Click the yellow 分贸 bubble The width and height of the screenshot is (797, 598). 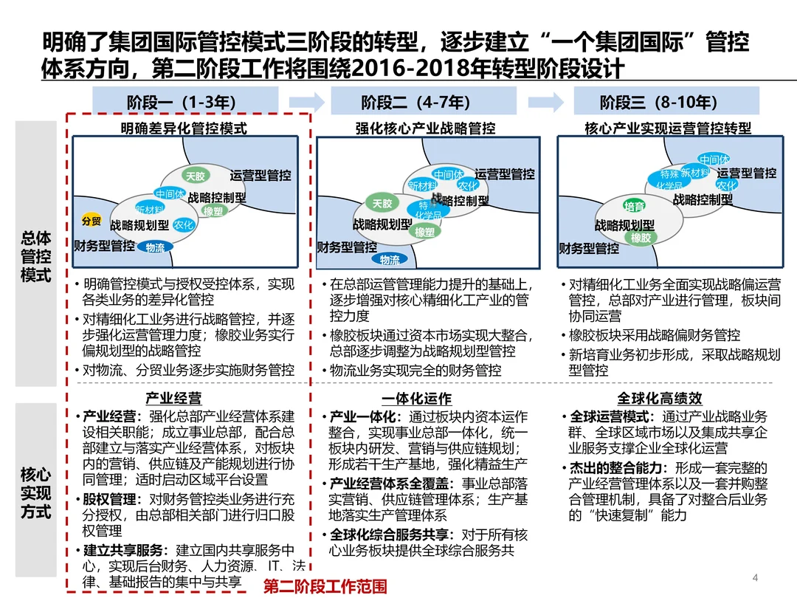click(91, 221)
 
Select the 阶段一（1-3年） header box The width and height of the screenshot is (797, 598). click(185, 101)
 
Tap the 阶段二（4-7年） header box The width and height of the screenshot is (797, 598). click(415, 101)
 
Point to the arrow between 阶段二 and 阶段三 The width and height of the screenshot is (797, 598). click(546, 101)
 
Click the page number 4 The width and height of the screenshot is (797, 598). click(754, 577)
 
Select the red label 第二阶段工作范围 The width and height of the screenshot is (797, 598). click(325, 587)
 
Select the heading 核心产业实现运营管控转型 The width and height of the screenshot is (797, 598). click(668, 128)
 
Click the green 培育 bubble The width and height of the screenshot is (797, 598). click(634, 206)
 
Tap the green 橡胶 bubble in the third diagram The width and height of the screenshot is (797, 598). click(641, 238)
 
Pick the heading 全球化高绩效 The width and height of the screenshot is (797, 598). click(660, 399)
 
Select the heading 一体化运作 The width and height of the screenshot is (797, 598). click(416, 399)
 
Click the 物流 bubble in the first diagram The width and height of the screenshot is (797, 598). click(155, 247)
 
